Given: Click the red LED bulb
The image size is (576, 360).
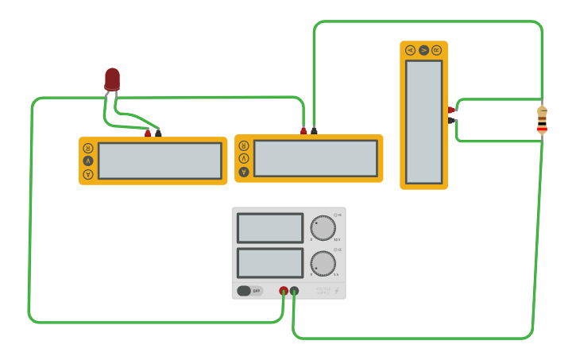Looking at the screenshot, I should click(x=112, y=79).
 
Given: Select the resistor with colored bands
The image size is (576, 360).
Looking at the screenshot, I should click(x=542, y=119).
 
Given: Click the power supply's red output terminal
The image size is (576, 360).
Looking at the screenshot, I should click(x=284, y=292).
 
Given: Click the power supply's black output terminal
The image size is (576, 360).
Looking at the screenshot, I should click(x=295, y=292).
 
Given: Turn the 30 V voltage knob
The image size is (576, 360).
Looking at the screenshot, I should click(x=323, y=228).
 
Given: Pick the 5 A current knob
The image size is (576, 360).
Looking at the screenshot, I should click(x=323, y=263).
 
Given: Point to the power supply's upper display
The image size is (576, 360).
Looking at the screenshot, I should click(x=270, y=228).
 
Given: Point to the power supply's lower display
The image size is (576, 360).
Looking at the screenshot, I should click(x=270, y=263).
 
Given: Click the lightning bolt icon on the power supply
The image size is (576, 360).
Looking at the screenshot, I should click(x=336, y=291).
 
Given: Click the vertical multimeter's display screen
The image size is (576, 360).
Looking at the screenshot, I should click(x=424, y=122).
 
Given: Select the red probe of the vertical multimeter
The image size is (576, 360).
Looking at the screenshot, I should click(x=451, y=110).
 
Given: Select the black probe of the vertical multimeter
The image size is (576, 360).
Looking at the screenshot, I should click(x=451, y=121).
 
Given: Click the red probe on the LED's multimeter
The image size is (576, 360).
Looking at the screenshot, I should click(x=148, y=133).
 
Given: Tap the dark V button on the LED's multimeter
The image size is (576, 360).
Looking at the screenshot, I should click(x=88, y=161).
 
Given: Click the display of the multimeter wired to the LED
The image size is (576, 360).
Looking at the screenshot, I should click(x=160, y=161).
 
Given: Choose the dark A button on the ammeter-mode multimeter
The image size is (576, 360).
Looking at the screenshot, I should click(x=244, y=172).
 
